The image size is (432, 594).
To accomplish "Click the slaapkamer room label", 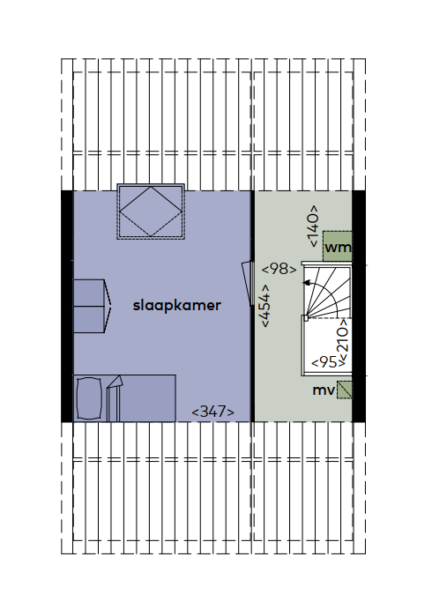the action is click(176, 305).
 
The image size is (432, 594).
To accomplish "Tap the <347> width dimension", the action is click(212, 412).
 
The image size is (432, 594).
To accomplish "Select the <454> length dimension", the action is click(265, 306).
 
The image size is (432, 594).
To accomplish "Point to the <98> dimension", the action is click(279, 269).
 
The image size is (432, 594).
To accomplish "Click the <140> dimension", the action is click(313, 226).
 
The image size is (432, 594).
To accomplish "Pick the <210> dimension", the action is click(343, 340).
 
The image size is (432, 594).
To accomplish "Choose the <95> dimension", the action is click(328, 362).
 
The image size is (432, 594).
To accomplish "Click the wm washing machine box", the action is click(338, 246).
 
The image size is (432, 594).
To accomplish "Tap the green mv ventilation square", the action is click(345, 390).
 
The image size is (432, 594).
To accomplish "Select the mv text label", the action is click(323, 390).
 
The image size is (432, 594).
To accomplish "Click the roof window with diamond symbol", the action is click(151, 212).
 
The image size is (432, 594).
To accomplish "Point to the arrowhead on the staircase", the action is click(306, 283).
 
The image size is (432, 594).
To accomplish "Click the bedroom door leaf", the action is click(249, 284).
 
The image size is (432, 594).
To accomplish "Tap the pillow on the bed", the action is click(89, 398).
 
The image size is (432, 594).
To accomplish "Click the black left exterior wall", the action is click(67, 306).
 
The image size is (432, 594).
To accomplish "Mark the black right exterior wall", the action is click(359, 306).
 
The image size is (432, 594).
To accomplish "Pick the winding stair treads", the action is click(327, 292).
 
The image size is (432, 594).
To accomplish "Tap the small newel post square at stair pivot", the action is click(305, 318).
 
